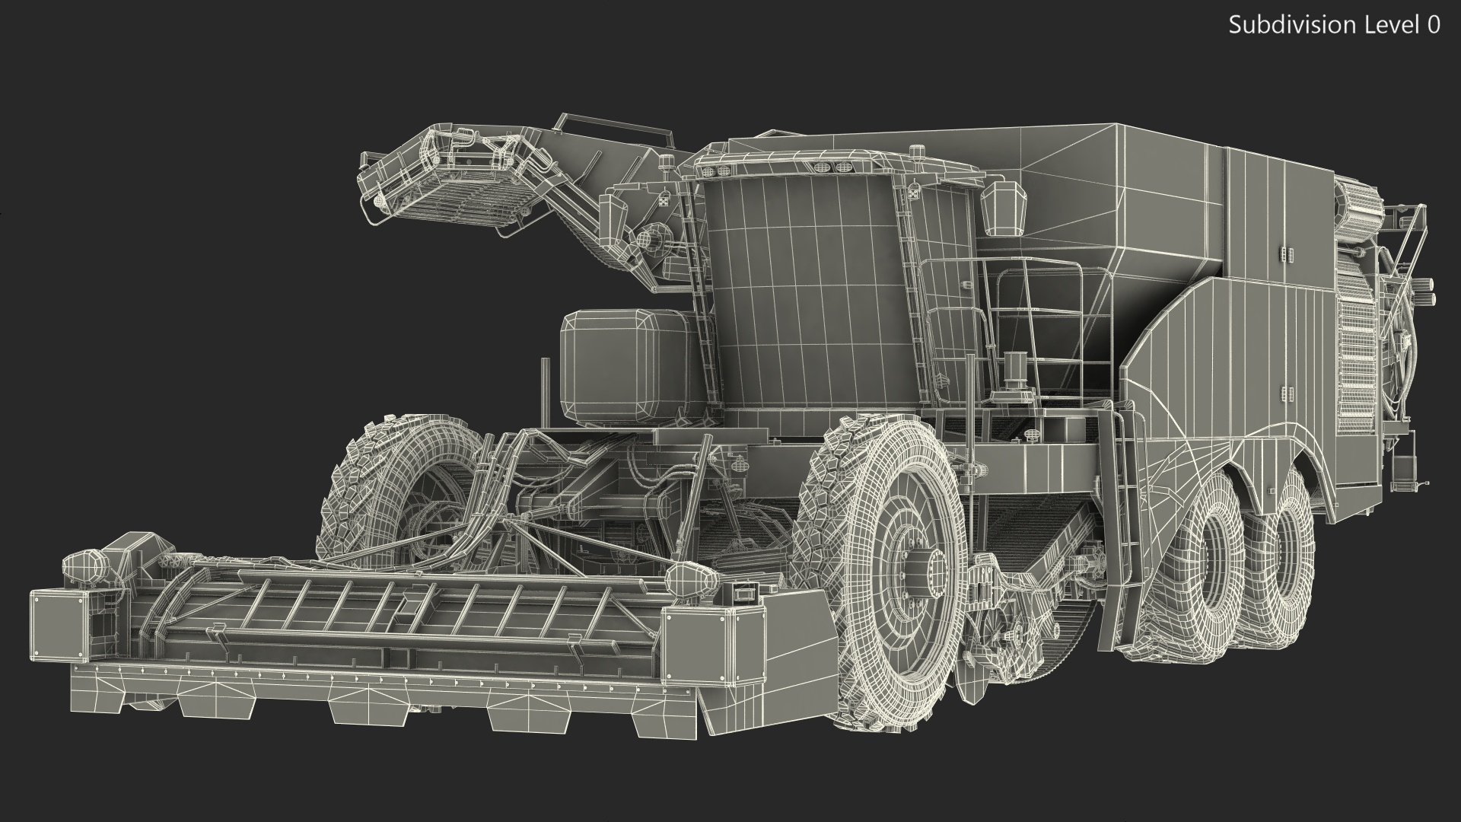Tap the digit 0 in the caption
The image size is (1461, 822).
click(x=1434, y=25)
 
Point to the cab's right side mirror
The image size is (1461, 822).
click(x=1004, y=209)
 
